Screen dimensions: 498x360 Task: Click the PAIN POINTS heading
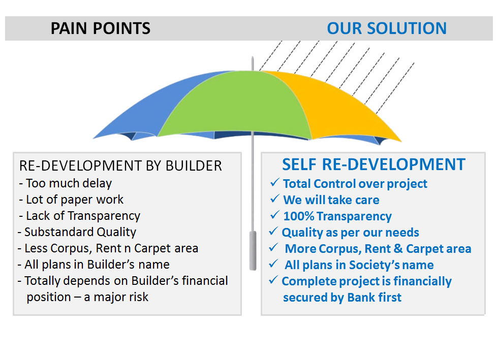click(101, 28)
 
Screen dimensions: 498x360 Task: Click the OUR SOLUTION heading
click(387, 28)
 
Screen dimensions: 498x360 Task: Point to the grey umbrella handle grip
click(253, 251)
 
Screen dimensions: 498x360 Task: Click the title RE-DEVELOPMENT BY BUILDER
click(120, 166)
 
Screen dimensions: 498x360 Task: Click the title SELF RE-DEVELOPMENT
click(374, 165)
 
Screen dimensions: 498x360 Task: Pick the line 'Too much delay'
click(69, 183)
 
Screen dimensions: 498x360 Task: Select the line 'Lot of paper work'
click(74, 200)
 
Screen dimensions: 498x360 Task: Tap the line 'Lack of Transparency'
click(83, 216)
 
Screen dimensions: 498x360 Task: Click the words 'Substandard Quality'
click(80, 232)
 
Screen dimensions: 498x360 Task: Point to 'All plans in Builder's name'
click(97, 265)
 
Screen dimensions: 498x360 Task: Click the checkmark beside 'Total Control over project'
click(274, 183)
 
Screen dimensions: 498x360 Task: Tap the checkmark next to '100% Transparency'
click(274, 215)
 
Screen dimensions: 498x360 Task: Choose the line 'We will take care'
click(331, 200)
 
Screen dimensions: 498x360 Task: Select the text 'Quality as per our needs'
click(350, 233)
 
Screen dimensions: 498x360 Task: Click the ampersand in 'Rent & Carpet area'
click(398, 249)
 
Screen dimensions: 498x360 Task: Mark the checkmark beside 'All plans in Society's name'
click(273, 264)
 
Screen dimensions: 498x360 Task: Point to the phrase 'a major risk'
click(116, 297)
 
